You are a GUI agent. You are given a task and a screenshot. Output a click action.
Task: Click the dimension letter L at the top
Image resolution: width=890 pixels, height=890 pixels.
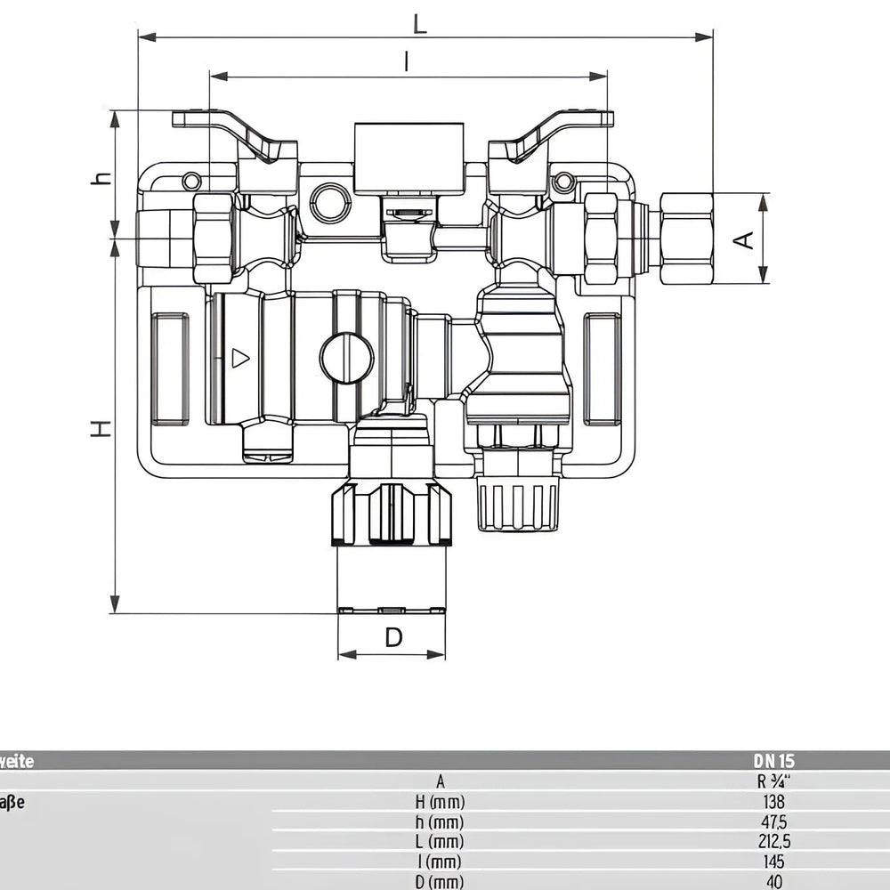click(419, 23)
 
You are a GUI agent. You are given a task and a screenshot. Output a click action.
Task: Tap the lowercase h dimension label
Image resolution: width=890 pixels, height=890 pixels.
click(103, 177)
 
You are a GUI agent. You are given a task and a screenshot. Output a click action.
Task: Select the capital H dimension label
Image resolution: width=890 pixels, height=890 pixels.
click(103, 428)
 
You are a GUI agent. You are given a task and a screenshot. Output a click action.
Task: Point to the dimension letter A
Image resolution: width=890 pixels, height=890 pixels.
click(745, 239)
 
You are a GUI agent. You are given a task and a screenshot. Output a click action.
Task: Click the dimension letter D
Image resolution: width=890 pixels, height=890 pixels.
click(393, 637)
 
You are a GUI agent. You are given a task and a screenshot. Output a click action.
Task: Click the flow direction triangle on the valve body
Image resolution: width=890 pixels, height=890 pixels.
click(240, 358)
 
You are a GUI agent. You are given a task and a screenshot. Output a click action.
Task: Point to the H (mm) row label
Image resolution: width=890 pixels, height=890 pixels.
click(440, 802)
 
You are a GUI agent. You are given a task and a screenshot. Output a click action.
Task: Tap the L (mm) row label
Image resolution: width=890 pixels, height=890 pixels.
click(440, 842)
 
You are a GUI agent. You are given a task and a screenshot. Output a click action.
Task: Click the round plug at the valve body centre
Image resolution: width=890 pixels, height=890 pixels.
click(346, 359)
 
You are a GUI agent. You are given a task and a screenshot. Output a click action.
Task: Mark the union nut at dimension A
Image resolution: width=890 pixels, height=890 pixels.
click(686, 239)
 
